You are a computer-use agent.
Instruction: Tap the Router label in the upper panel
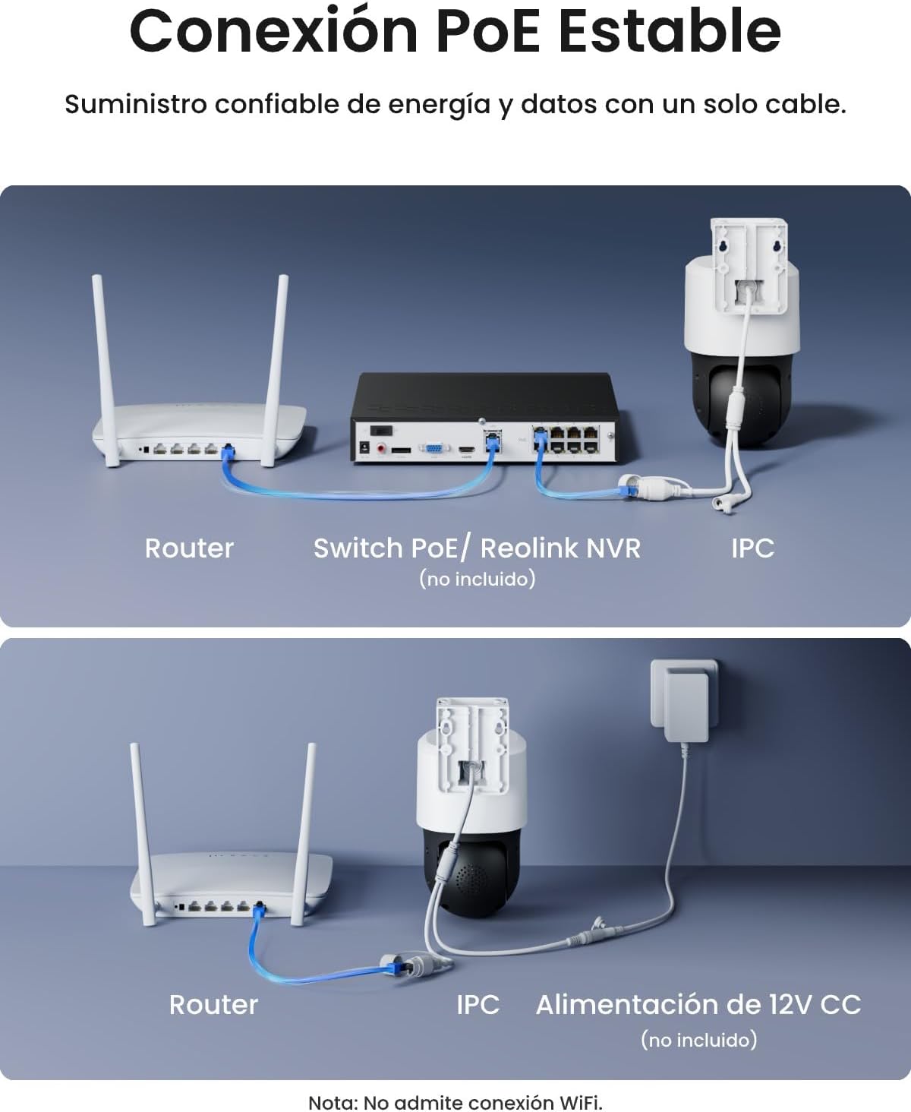(x=189, y=548)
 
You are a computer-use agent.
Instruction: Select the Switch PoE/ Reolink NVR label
(x=477, y=548)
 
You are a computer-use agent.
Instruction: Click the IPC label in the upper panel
(x=752, y=548)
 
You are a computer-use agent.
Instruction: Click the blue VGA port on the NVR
(x=433, y=449)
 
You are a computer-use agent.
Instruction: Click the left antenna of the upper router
(x=105, y=369)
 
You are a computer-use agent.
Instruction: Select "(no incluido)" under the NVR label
(x=478, y=580)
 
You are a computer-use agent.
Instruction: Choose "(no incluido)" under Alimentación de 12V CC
(x=698, y=1041)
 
